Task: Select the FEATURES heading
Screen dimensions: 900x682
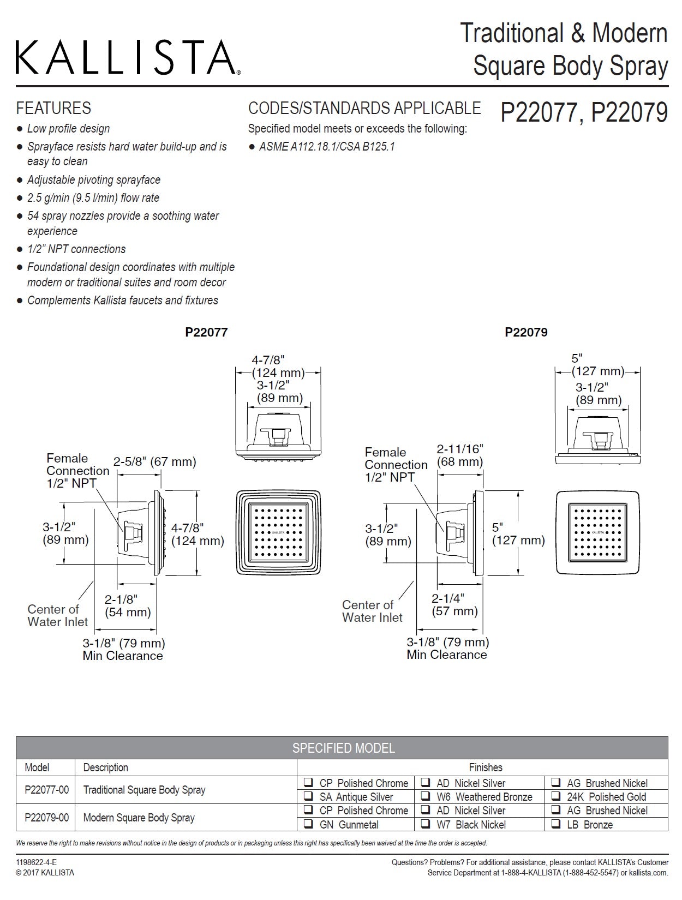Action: (x=53, y=108)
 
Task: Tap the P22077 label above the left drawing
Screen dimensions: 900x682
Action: (x=206, y=332)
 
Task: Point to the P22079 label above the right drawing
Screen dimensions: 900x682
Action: (x=526, y=332)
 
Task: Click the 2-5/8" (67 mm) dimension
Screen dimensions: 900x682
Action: (x=154, y=462)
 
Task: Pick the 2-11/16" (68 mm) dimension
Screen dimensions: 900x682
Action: (x=460, y=455)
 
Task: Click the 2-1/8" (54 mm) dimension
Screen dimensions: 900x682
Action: (x=128, y=605)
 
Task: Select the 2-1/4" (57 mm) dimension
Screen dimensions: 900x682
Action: (x=454, y=604)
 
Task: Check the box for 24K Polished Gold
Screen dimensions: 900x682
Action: (x=556, y=796)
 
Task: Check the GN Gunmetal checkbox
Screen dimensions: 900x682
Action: (x=309, y=824)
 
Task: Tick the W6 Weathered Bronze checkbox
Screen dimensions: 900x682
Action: (x=426, y=796)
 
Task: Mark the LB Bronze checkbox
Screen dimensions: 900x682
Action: (x=556, y=824)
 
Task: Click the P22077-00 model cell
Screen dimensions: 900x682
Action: (x=46, y=789)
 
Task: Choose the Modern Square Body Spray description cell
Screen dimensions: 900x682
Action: (x=139, y=817)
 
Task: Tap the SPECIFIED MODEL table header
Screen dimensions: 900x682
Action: (x=343, y=748)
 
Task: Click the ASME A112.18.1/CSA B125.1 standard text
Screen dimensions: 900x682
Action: (x=326, y=147)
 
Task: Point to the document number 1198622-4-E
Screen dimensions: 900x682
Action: (x=36, y=862)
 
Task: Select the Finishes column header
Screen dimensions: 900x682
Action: (x=485, y=767)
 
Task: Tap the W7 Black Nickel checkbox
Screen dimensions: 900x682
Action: (x=426, y=824)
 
